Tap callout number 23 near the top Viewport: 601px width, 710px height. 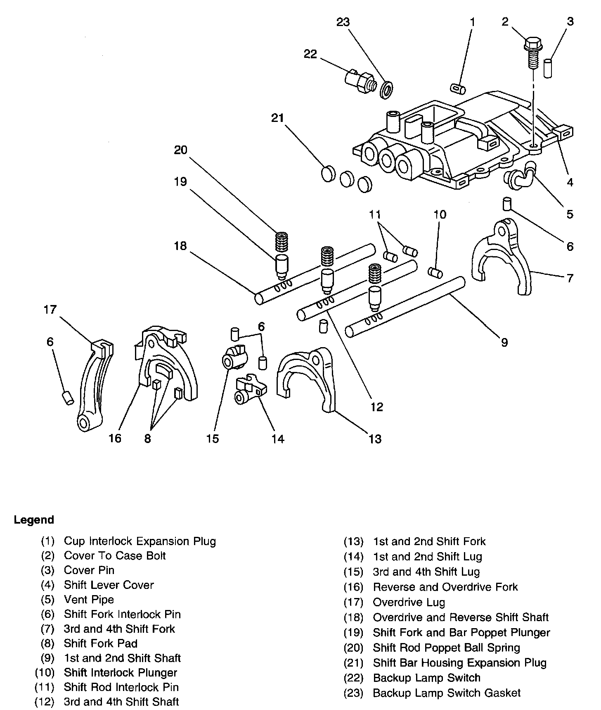(x=343, y=22)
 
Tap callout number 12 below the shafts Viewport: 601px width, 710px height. (x=377, y=407)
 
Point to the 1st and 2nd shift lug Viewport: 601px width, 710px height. (x=250, y=390)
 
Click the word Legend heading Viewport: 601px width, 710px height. (x=34, y=519)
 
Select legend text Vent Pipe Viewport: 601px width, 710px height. (x=89, y=599)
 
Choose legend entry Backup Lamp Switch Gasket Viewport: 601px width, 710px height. (x=447, y=693)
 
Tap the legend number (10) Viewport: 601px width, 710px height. (x=45, y=672)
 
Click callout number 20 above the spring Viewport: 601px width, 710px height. (x=180, y=150)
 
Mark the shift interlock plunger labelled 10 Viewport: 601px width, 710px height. (x=435, y=273)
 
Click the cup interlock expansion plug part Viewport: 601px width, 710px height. (x=458, y=88)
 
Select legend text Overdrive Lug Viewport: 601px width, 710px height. (x=409, y=602)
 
